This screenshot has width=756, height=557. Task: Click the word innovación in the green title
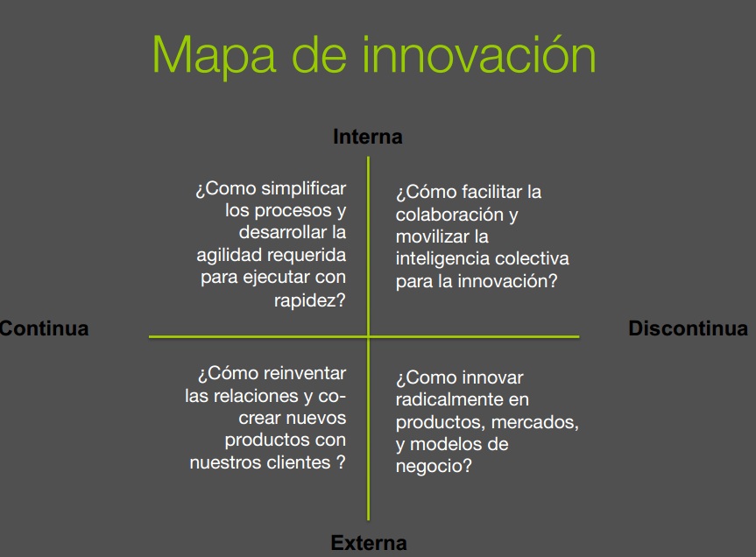pos(479,54)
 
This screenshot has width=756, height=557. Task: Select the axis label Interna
pos(368,137)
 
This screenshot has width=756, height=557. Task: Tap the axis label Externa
pos(369,543)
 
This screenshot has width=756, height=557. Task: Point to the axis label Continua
pos(45,328)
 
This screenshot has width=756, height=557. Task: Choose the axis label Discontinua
pos(688,328)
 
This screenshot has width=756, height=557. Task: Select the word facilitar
pos(491,192)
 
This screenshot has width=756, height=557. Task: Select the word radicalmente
pos(442,399)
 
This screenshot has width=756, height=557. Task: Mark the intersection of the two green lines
pos(368,337)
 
